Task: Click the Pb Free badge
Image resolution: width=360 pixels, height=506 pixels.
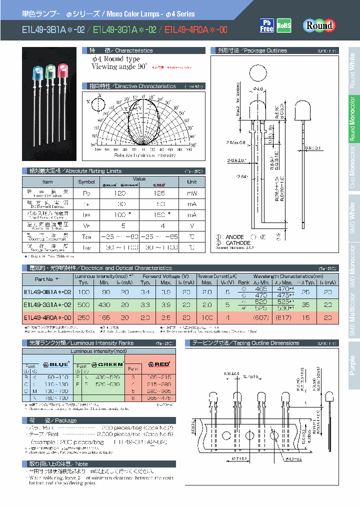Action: (x=266, y=25)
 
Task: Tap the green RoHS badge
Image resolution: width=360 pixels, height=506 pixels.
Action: (x=284, y=25)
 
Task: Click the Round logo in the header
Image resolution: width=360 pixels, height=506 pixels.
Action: (x=318, y=25)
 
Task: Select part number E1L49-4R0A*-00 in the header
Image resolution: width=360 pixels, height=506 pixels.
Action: (x=195, y=30)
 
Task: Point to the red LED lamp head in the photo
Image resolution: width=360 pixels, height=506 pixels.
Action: (x=63, y=69)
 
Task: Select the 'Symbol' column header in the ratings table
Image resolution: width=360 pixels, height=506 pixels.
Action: (x=86, y=182)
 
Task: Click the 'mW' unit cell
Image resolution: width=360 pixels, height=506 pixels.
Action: (x=191, y=193)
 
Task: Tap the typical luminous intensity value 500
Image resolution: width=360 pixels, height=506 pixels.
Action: (x=83, y=304)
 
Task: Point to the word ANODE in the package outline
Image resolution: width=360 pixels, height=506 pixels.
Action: (x=235, y=237)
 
